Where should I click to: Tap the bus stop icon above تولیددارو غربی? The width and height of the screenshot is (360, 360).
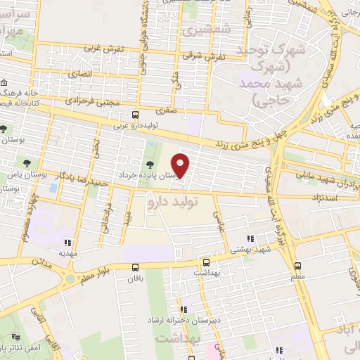tap(135, 115)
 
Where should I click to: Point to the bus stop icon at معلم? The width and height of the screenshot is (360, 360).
tap(297, 266)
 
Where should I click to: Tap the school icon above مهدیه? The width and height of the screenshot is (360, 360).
tap(67, 241)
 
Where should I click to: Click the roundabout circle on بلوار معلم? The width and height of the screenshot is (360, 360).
tap(70, 278)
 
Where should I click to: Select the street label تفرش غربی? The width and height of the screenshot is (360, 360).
tap(104, 49)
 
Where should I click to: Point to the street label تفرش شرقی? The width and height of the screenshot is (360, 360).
tap(210, 56)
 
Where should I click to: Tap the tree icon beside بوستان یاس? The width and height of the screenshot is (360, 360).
tap(4, 129)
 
